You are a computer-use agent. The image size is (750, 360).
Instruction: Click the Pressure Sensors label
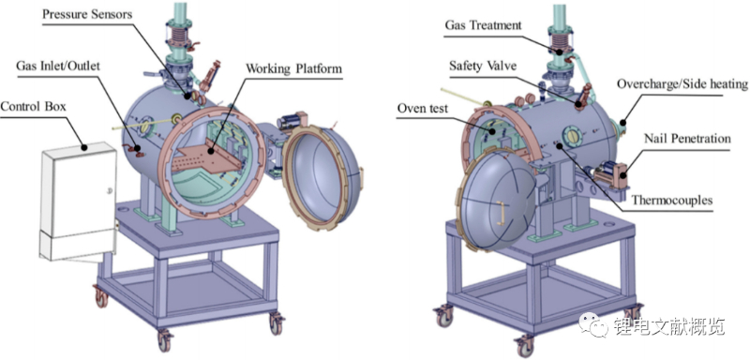point(87,14)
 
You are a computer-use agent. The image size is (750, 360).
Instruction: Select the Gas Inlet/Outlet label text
point(58,65)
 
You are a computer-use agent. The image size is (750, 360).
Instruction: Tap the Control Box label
point(33,106)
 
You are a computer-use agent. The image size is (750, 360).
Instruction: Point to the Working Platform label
point(293,68)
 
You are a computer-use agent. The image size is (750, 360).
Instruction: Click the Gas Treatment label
point(483,25)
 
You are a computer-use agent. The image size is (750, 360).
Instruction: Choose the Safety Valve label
point(483,66)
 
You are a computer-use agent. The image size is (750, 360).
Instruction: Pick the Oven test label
point(423,109)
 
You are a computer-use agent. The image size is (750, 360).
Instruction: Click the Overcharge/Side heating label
point(682,84)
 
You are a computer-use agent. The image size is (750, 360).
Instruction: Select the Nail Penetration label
point(687,139)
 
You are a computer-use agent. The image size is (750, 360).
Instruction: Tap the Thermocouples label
point(671,200)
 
